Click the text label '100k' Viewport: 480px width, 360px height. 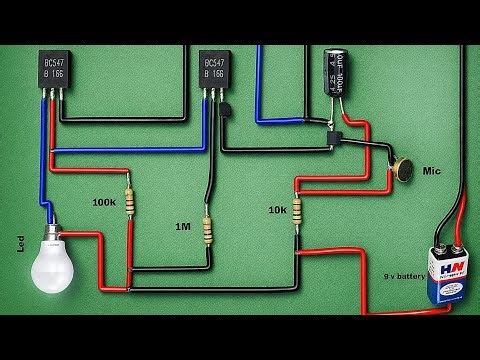104,203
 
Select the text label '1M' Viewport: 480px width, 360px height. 183,227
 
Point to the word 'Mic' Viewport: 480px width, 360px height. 433,171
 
